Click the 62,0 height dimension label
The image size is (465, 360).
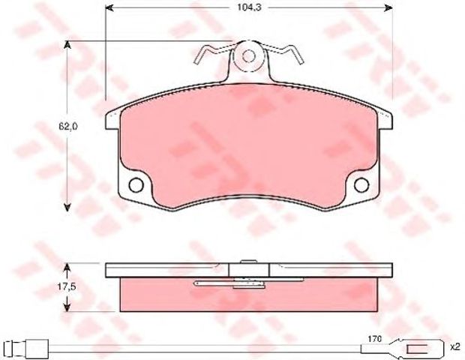68,126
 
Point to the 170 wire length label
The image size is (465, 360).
374,339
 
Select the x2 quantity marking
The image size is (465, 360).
454,346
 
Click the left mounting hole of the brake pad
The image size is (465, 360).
136,184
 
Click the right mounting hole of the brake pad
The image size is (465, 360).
361,184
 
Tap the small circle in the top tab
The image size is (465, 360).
248,56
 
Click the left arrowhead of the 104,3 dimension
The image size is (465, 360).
109,8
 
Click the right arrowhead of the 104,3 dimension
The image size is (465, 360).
388,8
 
